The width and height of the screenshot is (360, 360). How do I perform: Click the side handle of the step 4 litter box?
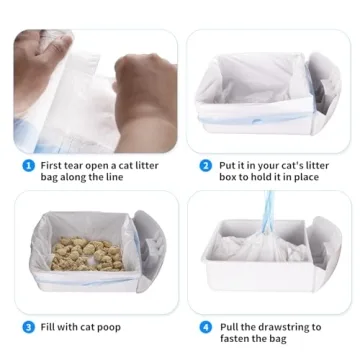[326, 250]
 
